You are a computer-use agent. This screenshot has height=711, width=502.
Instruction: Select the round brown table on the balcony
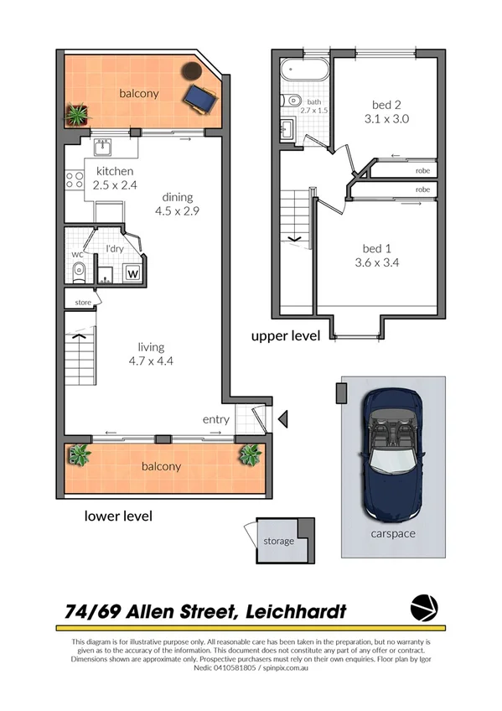(194, 70)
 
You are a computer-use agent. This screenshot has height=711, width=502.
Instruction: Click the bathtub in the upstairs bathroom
(303, 70)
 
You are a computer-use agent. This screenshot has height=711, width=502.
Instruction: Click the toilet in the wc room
(77, 270)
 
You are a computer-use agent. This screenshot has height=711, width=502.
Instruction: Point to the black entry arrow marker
(282, 418)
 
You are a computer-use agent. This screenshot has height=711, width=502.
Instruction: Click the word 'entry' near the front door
(215, 419)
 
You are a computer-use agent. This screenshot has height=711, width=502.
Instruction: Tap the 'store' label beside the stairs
(82, 303)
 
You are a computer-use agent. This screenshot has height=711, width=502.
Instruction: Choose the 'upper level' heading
(286, 336)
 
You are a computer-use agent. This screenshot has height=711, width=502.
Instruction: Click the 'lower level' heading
(118, 516)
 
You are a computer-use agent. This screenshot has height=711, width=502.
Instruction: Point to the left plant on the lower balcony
(80, 455)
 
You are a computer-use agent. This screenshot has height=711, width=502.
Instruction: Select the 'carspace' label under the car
(392, 533)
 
